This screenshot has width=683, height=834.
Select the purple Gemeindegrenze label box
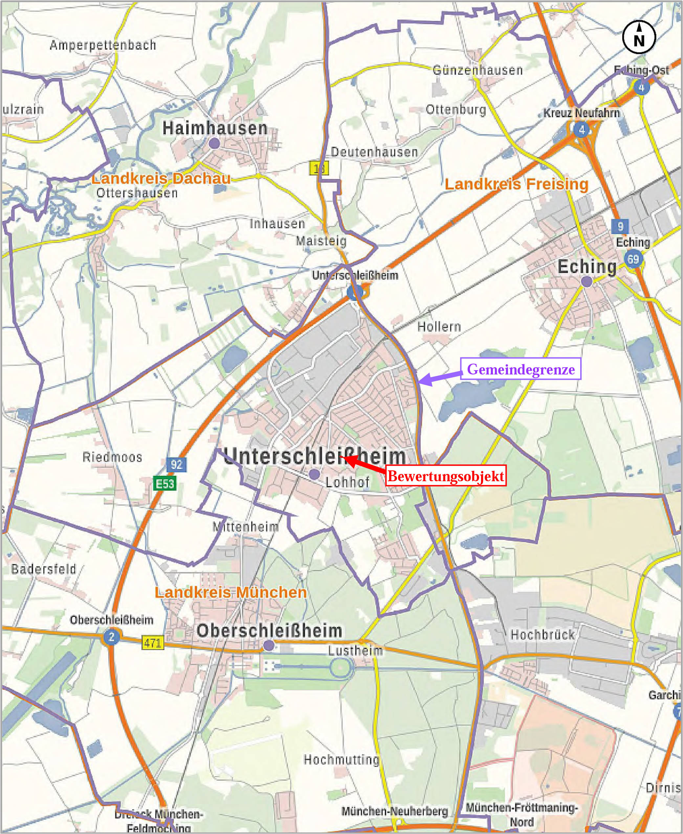pos(520,369)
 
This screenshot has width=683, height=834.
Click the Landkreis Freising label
pos(516,184)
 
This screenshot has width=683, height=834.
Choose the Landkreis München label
pos(231,592)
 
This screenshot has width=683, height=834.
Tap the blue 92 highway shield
pos(177,464)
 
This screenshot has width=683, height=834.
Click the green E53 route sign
pos(165,483)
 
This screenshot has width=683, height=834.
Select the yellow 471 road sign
pos(152,643)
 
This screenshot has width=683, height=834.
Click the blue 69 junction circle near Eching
pos(633,259)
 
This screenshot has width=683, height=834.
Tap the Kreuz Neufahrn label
pos(581,113)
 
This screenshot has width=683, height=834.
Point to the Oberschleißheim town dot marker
pos(269,645)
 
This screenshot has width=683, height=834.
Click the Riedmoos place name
pos(112,457)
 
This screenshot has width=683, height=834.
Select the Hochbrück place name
pos(542,634)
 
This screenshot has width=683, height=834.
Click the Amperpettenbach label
pos(103,45)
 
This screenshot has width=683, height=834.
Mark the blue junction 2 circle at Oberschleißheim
pos(111,637)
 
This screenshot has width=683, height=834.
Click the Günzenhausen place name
pos(478,70)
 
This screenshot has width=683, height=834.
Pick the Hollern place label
pos(439,326)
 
